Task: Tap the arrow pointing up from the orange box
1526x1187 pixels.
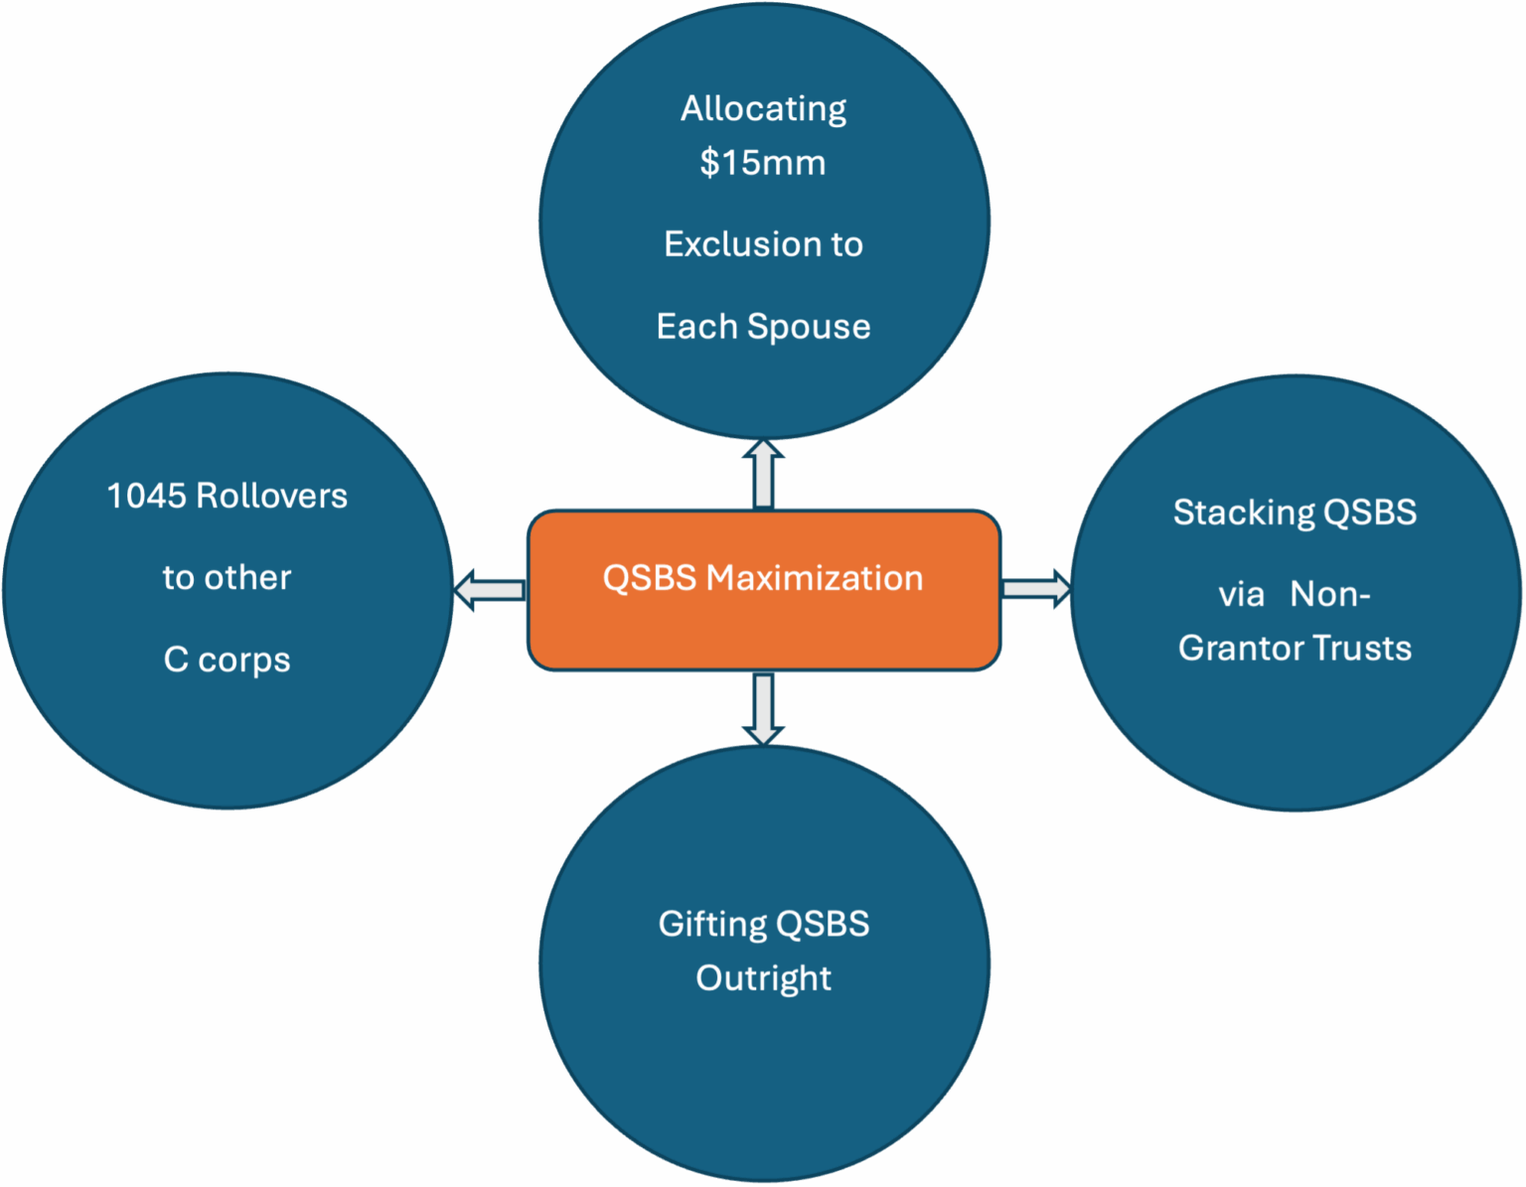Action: click(763, 474)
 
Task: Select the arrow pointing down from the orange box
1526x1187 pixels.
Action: click(763, 709)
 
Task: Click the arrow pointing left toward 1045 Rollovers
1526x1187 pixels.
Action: click(489, 590)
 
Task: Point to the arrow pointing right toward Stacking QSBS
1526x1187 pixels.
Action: click(1036, 589)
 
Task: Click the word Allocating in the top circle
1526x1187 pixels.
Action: click(763, 108)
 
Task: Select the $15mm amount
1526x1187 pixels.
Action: click(762, 162)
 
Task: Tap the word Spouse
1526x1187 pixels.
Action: click(809, 327)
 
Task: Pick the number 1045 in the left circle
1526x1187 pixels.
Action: click(148, 496)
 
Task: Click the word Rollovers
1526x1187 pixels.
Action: click(271, 496)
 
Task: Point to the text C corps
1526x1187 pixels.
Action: click(227, 660)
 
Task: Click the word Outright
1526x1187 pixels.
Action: click(763, 978)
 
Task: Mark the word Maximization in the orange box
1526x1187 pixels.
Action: click(815, 578)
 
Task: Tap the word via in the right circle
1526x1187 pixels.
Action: click(1241, 595)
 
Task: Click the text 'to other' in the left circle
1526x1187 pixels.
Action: click(227, 578)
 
